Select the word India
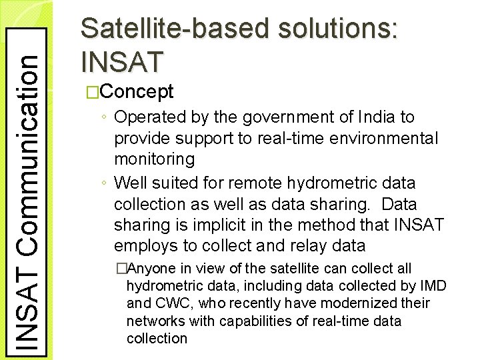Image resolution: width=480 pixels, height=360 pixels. coord(377,117)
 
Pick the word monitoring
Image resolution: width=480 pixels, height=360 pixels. coord(155,160)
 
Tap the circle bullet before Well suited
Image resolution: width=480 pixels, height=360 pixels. coord(106,183)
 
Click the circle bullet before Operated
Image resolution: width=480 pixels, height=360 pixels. coord(106,118)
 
